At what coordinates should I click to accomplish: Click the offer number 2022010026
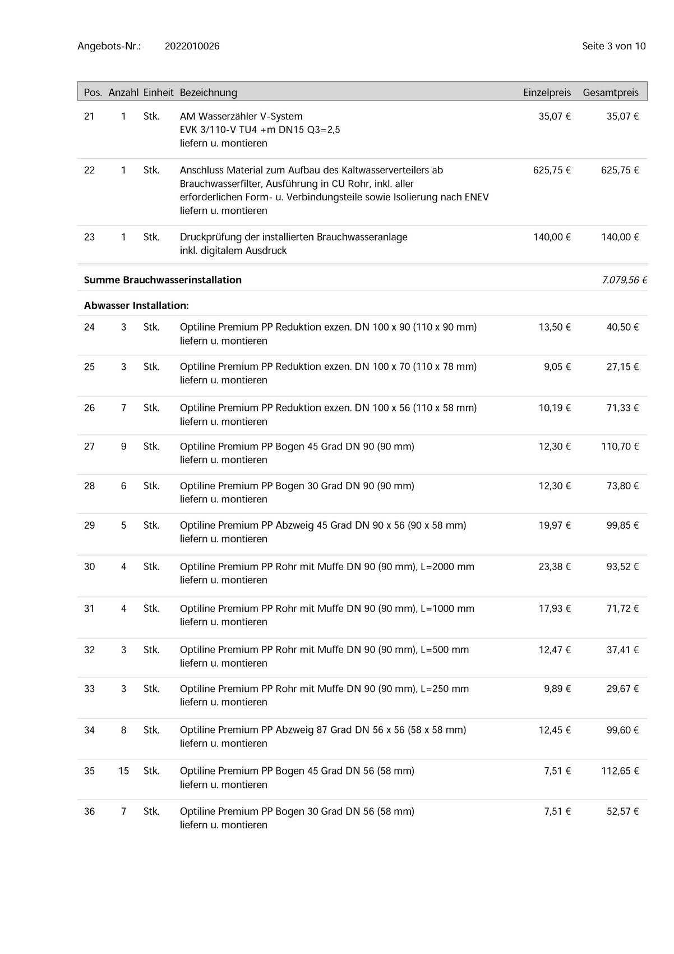click(x=192, y=46)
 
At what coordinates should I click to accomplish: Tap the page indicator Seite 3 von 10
click(x=613, y=46)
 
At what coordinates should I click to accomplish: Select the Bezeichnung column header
click(x=208, y=93)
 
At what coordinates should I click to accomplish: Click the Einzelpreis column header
click(x=547, y=93)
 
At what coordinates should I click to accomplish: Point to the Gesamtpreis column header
click(x=611, y=93)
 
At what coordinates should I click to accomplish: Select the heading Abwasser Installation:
click(x=136, y=306)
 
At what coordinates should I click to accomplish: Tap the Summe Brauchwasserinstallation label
click(x=163, y=279)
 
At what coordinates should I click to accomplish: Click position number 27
click(x=89, y=447)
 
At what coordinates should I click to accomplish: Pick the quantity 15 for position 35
click(x=123, y=771)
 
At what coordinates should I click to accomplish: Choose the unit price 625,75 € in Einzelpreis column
click(x=552, y=170)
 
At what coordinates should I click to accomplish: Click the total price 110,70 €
click(x=620, y=447)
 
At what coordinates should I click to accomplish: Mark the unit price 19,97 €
click(x=555, y=525)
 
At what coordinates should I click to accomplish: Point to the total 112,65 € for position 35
click(x=620, y=771)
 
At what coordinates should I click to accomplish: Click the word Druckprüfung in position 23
click(x=211, y=237)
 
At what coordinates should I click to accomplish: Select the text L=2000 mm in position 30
click(x=447, y=567)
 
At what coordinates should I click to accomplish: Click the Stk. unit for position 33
click(x=151, y=689)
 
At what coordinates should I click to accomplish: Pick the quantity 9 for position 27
click(x=123, y=447)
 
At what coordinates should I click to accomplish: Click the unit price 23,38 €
click(x=555, y=567)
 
